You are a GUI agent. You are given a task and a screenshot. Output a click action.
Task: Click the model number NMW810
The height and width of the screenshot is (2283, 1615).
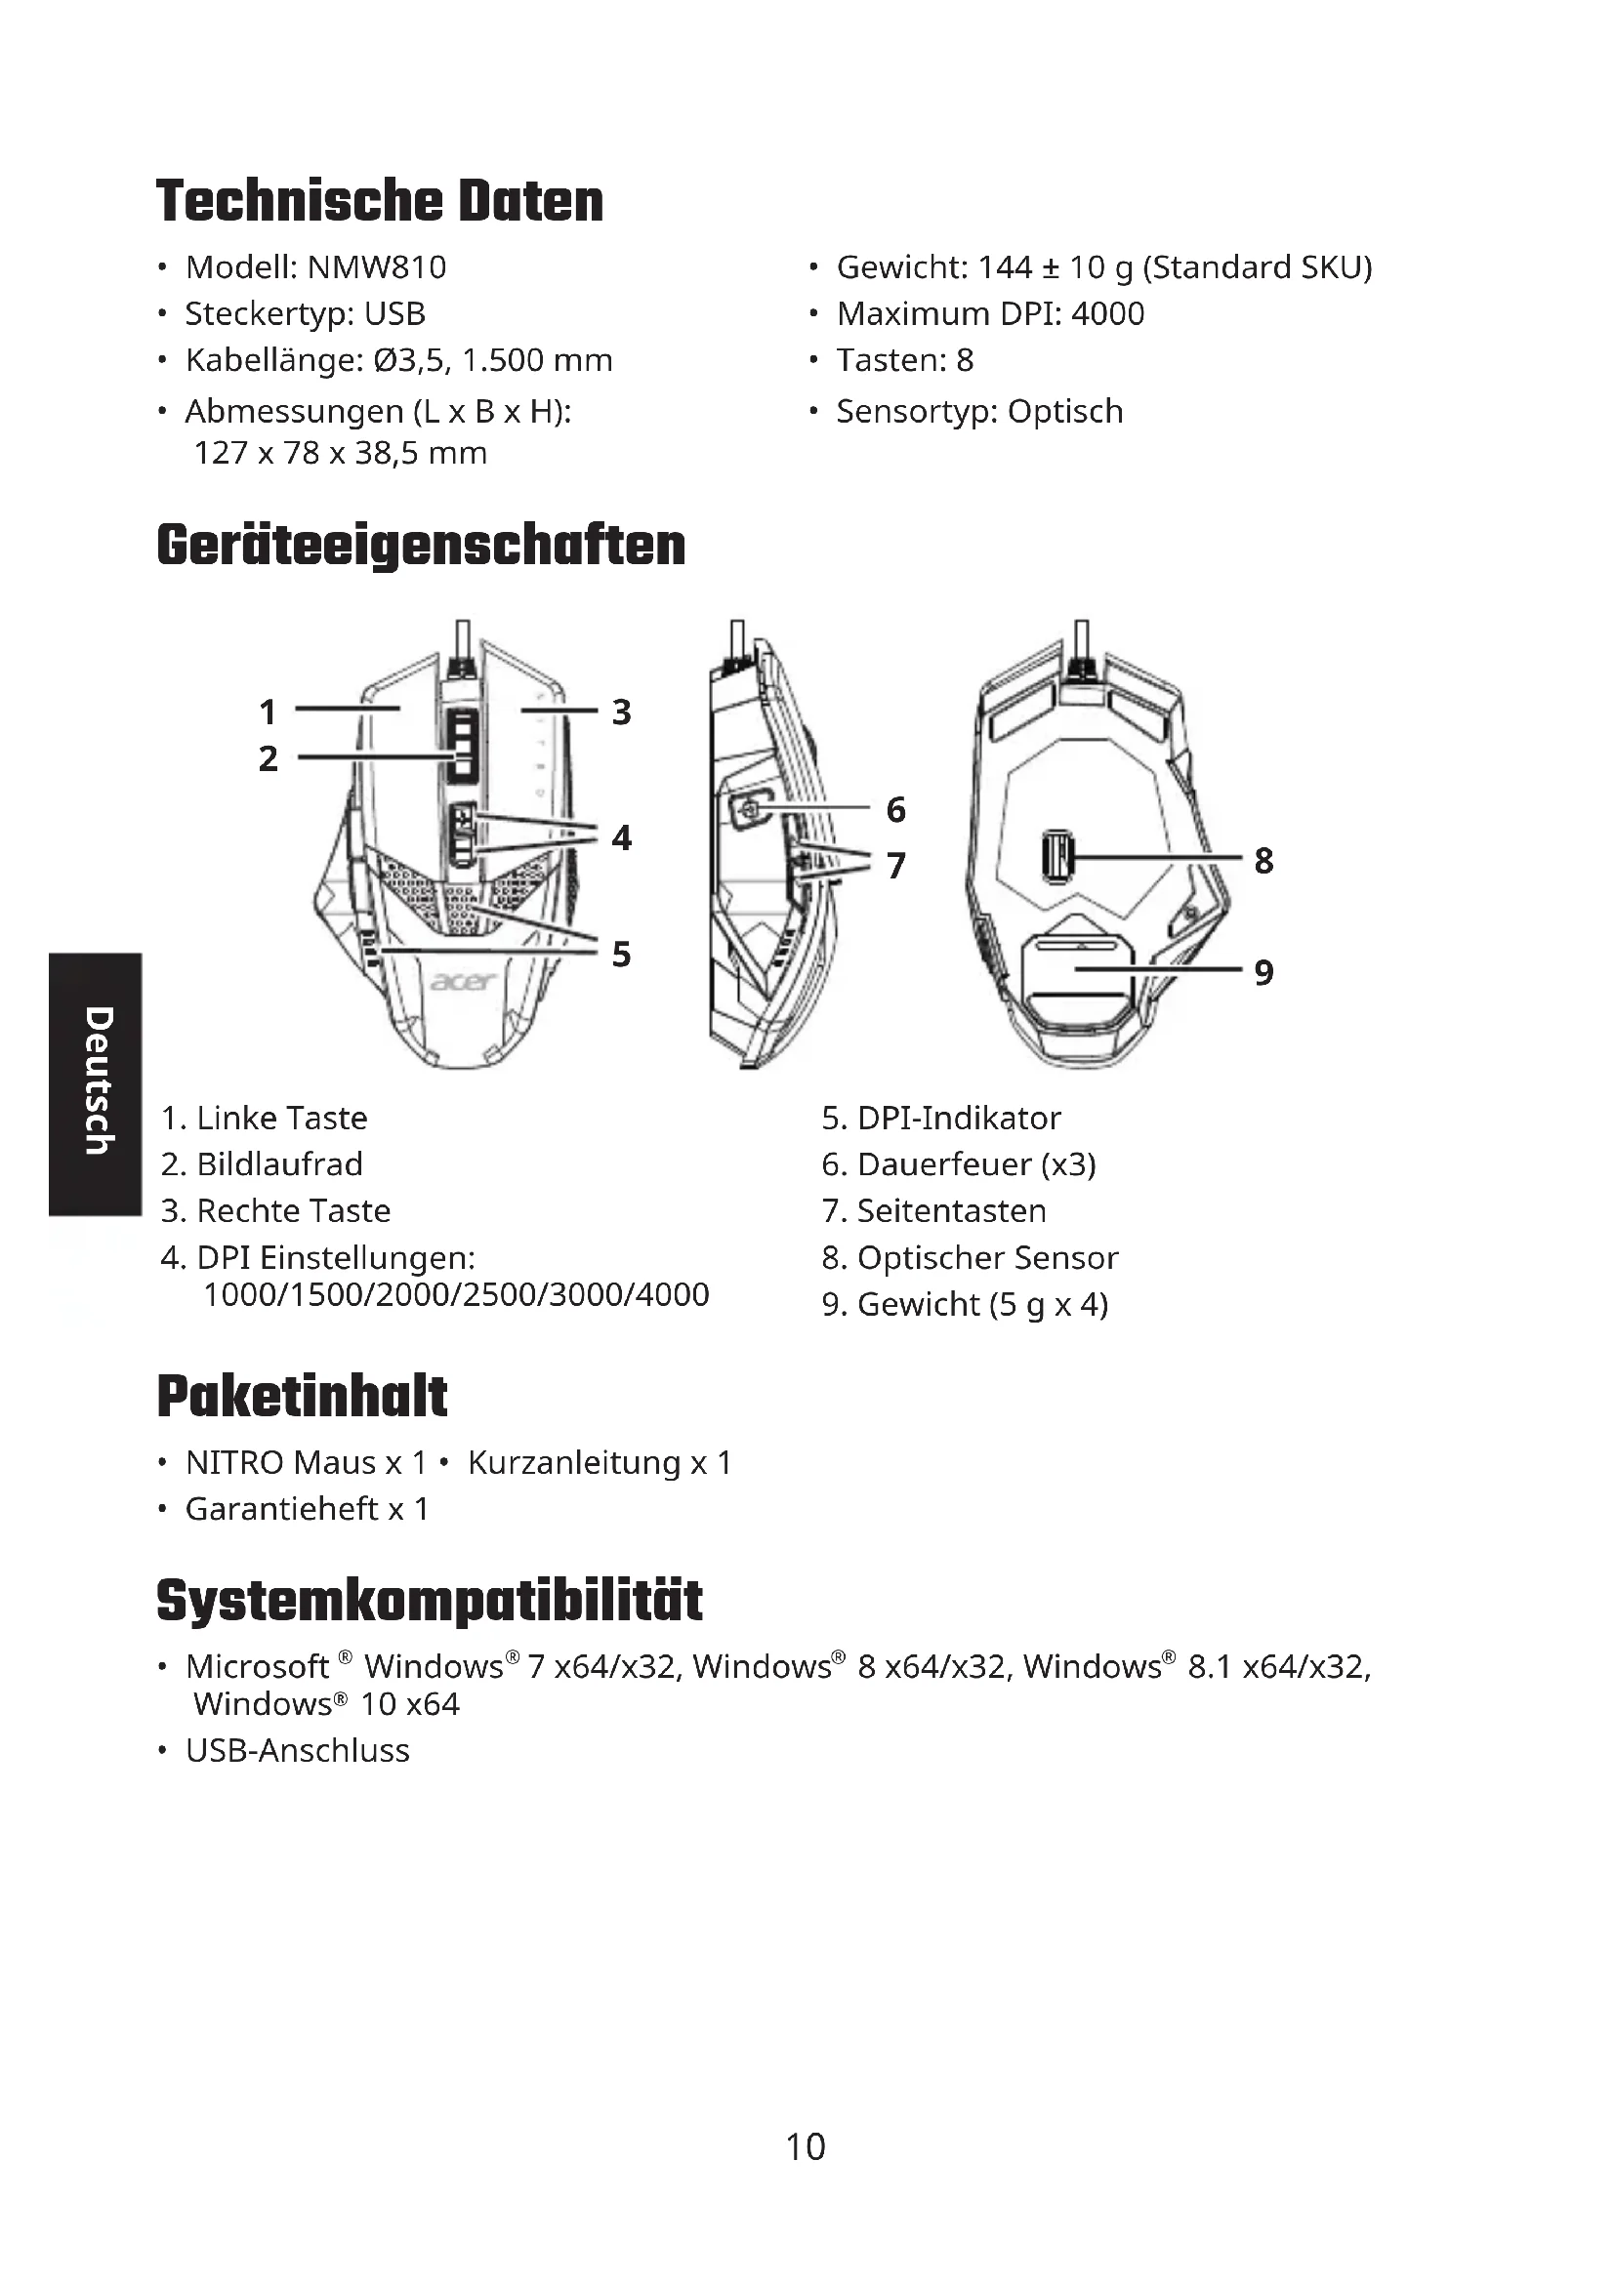376,267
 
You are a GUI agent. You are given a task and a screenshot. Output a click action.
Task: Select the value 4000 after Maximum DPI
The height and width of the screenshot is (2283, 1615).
1107,314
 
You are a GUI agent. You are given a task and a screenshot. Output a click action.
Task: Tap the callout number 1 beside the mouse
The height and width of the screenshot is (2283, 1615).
268,712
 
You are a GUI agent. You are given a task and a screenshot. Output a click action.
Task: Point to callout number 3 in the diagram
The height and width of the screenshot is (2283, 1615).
622,712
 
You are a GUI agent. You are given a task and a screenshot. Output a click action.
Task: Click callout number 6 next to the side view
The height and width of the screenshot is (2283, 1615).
896,809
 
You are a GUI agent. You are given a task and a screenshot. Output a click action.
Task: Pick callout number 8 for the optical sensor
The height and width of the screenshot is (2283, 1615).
1263,860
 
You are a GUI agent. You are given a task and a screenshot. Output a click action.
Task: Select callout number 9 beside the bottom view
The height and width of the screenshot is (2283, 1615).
1263,971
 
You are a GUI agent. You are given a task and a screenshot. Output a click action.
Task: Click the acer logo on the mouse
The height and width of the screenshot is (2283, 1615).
463,981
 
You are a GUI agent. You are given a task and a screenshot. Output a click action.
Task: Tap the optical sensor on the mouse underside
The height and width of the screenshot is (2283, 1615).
1057,856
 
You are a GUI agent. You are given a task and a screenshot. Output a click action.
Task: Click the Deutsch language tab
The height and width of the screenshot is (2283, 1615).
96,1082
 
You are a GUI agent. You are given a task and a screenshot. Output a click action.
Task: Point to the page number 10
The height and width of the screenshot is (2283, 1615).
806,2146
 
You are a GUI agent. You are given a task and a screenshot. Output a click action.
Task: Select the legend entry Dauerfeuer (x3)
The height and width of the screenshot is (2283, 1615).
975,1164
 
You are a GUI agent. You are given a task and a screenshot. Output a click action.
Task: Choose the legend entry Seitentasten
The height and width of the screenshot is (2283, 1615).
951,1211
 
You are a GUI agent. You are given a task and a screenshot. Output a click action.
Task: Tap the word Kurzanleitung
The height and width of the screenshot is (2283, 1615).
574,1463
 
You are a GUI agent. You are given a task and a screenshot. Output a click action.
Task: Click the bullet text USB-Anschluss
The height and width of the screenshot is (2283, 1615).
298,1750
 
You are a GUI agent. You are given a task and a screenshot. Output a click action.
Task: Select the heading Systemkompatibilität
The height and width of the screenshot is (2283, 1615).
430,1601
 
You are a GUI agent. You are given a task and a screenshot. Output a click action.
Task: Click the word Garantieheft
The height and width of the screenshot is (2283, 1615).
281,1509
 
